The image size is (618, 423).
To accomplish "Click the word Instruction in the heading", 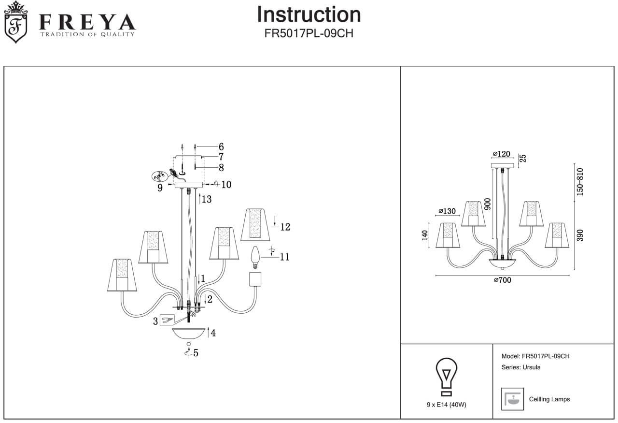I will pyautogui.click(x=309, y=15).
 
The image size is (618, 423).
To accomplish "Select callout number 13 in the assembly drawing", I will pyautogui.click(x=207, y=199).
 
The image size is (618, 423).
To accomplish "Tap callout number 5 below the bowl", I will pyautogui.click(x=196, y=353).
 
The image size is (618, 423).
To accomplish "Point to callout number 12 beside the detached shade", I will pyautogui.click(x=285, y=227).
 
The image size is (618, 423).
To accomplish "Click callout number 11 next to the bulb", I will pyautogui.click(x=285, y=257).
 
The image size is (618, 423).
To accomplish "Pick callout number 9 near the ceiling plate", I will pyautogui.click(x=160, y=188).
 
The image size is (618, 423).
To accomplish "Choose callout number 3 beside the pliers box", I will pyautogui.click(x=155, y=321).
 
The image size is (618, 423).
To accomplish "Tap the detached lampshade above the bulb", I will pyautogui.click(x=254, y=224).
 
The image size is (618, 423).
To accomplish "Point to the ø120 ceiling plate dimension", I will pyautogui.click(x=502, y=154).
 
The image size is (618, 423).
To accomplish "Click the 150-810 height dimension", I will pyautogui.click(x=580, y=182).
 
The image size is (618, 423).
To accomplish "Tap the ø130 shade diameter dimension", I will pyautogui.click(x=447, y=211).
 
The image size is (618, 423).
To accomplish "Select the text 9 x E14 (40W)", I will pyautogui.click(x=447, y=405).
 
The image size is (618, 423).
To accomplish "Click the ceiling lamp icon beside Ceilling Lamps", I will pyautogui.click(x=513, y=399).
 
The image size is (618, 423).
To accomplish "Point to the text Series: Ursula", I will pyautogui.click(x=521, y=367).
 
